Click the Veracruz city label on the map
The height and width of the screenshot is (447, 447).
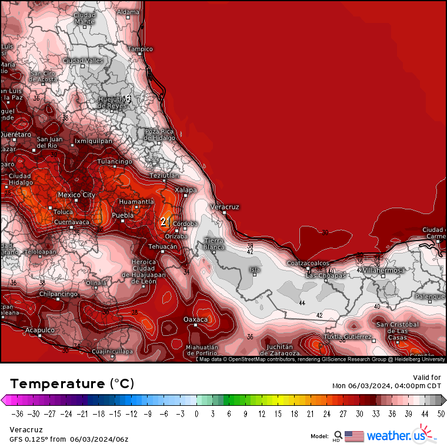(x=225, y=207)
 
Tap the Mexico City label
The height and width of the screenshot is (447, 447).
(x=76, y=195)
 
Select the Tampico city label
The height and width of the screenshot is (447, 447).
(x=141, y=49)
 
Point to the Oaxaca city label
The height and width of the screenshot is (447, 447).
(x=196, y=319)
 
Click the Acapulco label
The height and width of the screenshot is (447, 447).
(x=40, y=330)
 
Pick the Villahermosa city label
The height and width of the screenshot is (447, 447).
(x=383, y=270)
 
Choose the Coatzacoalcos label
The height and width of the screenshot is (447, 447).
(x=307, y=263)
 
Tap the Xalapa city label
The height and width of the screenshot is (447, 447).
(x=186, y=189)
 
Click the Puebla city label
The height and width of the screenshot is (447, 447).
(x=123, y=215)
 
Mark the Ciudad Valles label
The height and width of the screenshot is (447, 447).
(x=83, y=61)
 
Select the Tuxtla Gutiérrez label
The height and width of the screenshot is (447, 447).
(x=348, y=336)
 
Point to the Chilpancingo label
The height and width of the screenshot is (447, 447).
(x=58, y=293)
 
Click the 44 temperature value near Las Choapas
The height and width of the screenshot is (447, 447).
(x=302, y=303)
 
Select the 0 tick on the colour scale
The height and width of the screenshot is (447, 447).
(x=197, y=414)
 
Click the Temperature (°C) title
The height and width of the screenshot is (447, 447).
(x=72, y=383)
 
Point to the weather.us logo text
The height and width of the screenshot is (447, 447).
(x=395, y=436)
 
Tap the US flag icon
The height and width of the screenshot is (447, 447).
(x=354, y=436)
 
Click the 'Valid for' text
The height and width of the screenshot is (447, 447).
(x=427, y=377)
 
